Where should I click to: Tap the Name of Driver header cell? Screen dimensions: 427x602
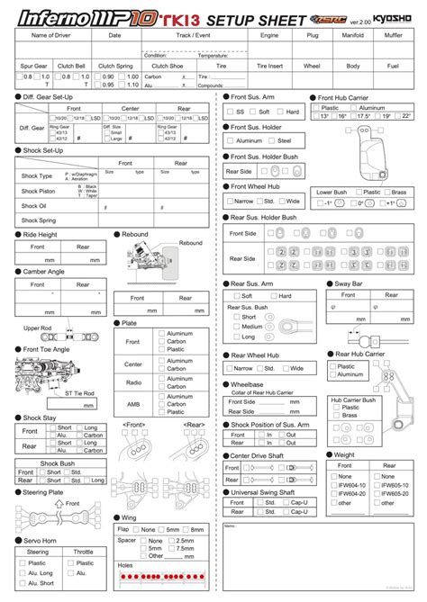(50, 35)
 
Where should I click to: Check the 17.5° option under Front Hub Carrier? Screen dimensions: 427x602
(364, 117)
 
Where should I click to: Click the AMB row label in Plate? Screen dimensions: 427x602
(133, 405)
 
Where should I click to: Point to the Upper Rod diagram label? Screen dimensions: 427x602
(38, 328)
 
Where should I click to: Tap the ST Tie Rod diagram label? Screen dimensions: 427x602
(80, 393)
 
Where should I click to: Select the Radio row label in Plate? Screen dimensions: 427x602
(133, 382)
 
